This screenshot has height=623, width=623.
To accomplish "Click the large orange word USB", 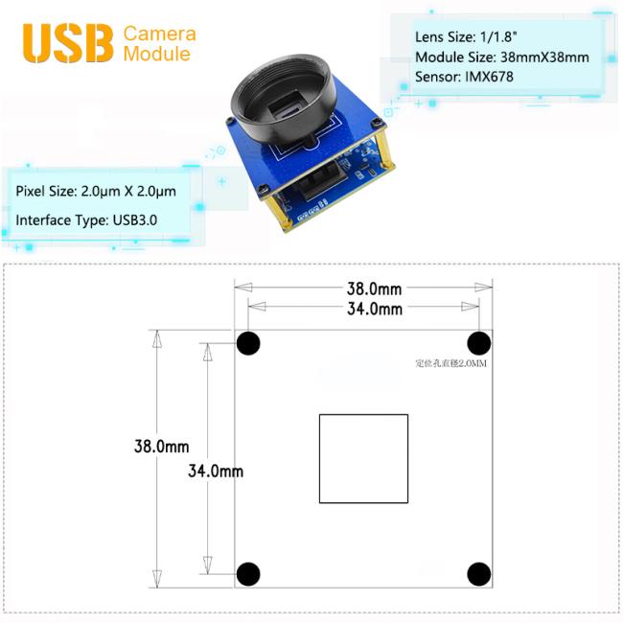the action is click(68, 43).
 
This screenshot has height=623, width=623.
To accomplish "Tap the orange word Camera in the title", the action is click(160, 34).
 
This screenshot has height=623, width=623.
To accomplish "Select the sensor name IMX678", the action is click(489, 77).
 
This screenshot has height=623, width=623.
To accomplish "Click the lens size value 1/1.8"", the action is click(498, 36).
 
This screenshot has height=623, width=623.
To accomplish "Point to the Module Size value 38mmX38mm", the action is click(544, 58).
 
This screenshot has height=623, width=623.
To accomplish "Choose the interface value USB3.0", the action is click(135, 220).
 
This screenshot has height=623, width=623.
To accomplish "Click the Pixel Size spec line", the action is click(96, 191).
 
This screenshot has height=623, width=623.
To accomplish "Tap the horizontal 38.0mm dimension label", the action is click(374, 288).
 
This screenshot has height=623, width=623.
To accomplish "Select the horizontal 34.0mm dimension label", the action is click(375, 309).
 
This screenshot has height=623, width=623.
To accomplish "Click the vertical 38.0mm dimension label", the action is click(161, 447).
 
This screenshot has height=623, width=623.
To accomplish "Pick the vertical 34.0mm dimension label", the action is click(216, 471).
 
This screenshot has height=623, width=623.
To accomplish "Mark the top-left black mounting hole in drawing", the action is click(248, 343).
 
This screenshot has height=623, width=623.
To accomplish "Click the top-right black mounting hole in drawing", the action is click(479, 343).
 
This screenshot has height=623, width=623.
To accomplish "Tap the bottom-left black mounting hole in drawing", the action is click(248, 574).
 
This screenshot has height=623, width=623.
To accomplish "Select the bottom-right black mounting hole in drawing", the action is click(479, 574).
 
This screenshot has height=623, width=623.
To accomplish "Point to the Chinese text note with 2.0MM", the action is click(451, 363).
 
